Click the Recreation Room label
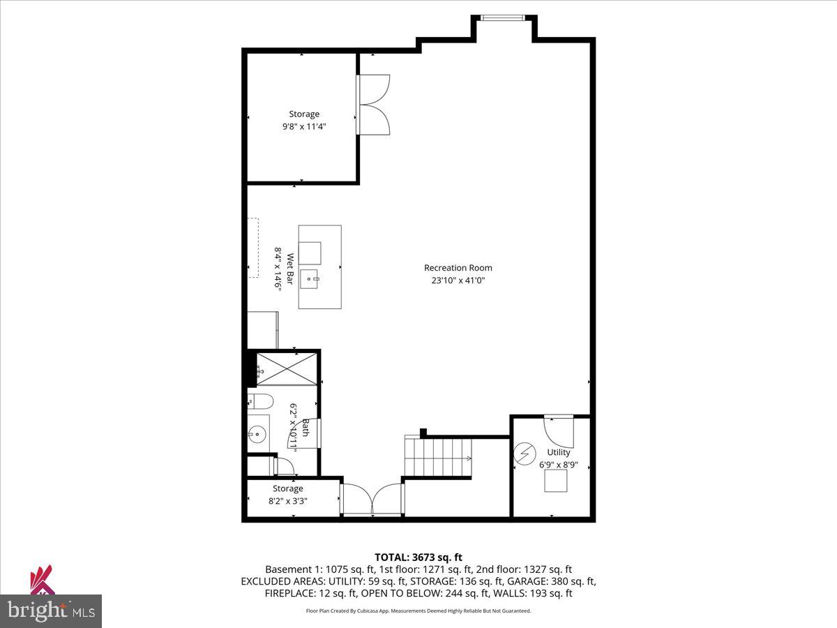pos(458,268)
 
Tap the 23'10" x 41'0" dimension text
pos(458,281)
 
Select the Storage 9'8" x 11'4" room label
pos(304,120)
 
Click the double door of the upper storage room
pos(375,105)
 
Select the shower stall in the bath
pos(287,368)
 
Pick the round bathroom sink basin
pos(257,434)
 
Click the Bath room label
pos(299,427)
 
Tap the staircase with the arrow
pos(438,457)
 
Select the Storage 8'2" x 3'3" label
pos(288,494)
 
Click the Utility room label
pos(558,452)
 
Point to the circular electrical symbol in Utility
pos(524,454)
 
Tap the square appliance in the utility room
pos(556,481)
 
